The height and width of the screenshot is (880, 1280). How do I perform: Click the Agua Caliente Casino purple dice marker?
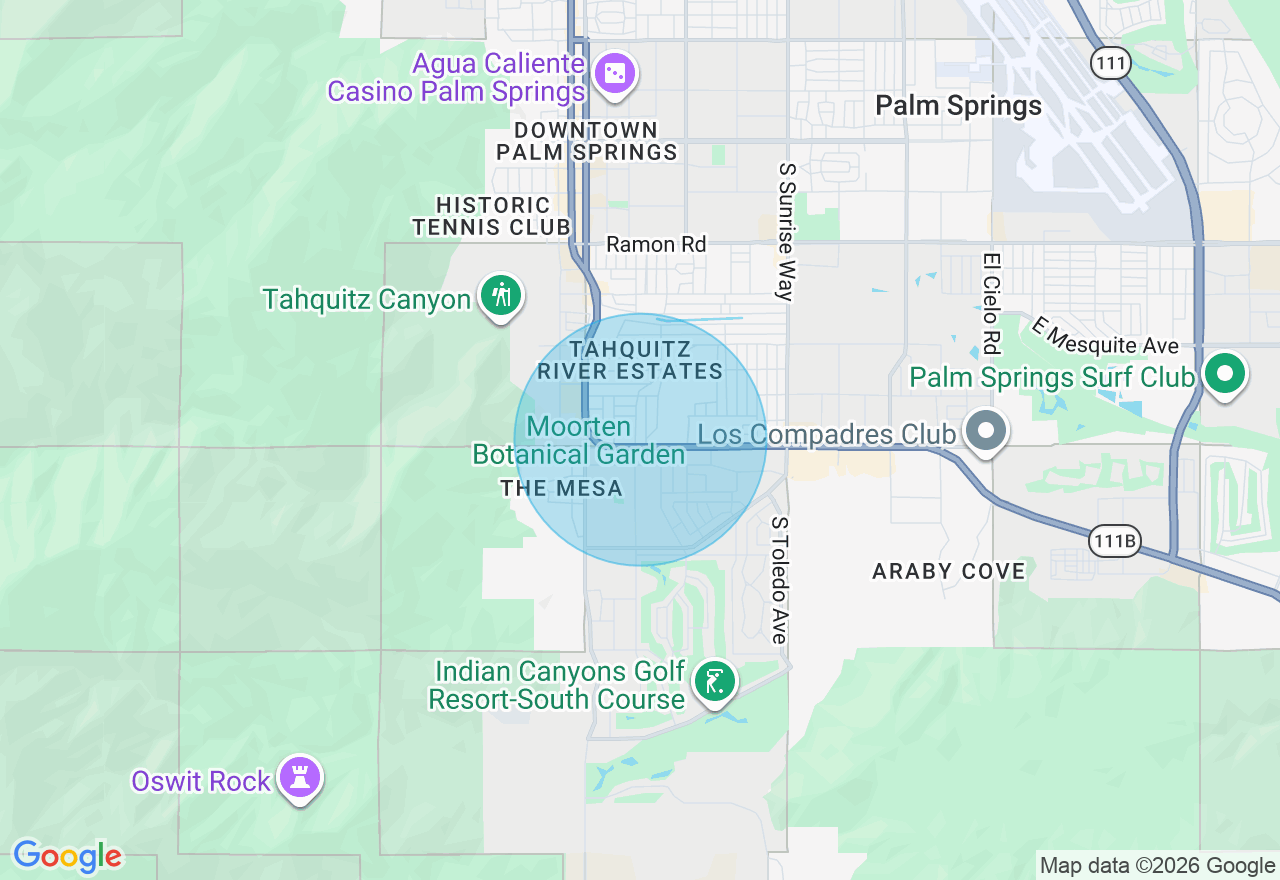tap(614, 73)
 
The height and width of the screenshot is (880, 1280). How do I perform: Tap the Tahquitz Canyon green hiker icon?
tap(501, 295)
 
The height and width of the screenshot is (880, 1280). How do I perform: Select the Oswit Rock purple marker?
tap(299, 777)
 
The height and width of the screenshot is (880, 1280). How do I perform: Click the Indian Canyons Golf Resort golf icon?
tap(715, 683)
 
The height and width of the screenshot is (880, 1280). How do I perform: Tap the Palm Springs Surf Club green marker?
tap(1224, 374)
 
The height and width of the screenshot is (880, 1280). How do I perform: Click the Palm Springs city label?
tap(958, 106)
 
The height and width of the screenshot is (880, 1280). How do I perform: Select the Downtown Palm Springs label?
tap(587, 141)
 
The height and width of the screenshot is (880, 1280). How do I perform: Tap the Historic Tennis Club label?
tap(492, 216)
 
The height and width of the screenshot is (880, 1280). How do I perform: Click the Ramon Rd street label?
tap(656, 244)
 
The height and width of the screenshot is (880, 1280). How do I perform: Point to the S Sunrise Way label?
tap(787, 232)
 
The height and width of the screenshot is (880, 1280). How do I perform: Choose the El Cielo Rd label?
tap(991, 303)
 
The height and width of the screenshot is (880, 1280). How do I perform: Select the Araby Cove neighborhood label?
tap(949, 571)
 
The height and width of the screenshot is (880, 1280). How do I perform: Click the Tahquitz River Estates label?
tap(630, 360)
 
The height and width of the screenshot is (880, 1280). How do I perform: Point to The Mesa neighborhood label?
tap(561, 489)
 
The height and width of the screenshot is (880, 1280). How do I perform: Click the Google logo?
tap(67, 856)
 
